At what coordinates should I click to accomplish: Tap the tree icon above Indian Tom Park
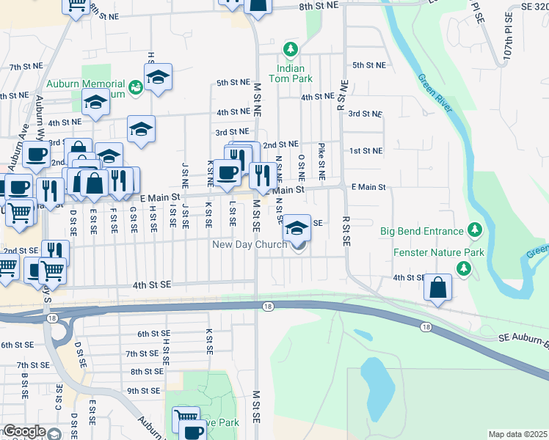pos(291,49)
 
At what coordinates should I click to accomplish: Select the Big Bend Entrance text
pos(421,231)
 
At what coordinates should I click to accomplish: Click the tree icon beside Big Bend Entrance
pos(474,231)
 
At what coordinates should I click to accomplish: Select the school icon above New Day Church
pos(297,227)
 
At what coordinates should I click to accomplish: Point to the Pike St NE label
pos(321,162)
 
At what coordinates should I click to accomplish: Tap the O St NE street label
pos(302,166)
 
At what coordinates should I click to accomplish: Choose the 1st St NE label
pos(366,150)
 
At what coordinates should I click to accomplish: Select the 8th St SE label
pos(145,372)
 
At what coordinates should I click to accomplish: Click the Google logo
pos(23,431)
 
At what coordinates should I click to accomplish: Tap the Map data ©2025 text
pos(517,434)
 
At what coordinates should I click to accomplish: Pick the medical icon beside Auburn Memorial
pos(135,88)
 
